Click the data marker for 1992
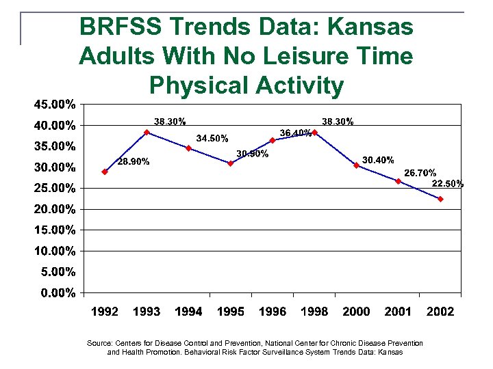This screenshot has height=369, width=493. tap(105, 172)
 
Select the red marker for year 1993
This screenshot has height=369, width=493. tap(147, 133)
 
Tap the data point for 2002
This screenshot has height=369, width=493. tap(440, 199)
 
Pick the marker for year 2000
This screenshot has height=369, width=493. tap(356, 165)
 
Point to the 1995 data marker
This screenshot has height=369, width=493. tap(231, 163)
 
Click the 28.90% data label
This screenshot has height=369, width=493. tap(134, 162)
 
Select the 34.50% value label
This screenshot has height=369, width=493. tap(212, 139)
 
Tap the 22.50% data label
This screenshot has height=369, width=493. tap(448, 183)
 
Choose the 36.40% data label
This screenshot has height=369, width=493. tap(296, 133)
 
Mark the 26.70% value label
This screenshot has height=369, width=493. tap(420, 173)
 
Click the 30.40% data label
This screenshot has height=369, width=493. tap(378, 160)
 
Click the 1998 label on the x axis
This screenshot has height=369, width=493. tap(314, 312)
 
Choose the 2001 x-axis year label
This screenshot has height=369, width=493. tap(398, 312)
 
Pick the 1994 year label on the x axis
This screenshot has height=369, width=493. tap(188, 312)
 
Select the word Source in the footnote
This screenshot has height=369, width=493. tap(101, 343)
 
